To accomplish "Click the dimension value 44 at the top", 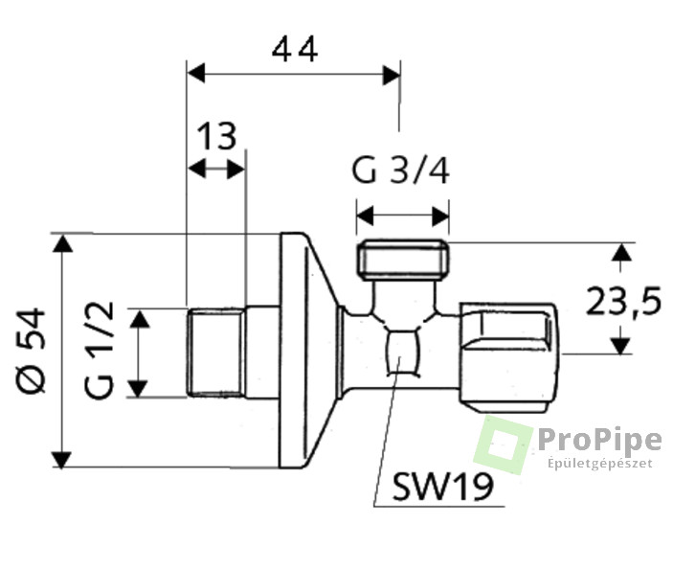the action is pos(295,49).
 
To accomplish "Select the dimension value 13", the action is pos(216,136).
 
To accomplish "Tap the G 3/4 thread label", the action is pos(400,171).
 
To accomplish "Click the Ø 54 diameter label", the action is pos(31,350).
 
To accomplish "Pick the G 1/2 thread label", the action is pos(100,350).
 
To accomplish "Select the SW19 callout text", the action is pos(443,487).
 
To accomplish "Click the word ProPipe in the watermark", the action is pos(599,440).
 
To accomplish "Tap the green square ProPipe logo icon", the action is pos(503,445).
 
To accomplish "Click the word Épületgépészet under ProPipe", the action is pos(600,464).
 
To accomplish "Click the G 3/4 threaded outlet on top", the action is pos(403,260).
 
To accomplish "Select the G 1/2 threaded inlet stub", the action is pos(216,353).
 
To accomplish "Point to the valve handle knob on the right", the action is pos(508,357).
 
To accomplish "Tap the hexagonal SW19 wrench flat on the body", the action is pos(402,353).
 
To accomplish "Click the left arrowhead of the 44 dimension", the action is pos(196,74).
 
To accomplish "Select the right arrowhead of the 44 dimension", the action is pos(391,75).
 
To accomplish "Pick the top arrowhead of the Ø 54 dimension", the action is pos(62,243).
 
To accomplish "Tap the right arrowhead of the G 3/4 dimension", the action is pos(440,217).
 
